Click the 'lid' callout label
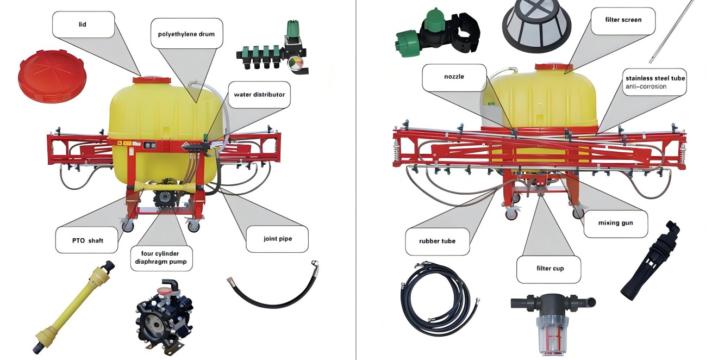tap(83, 24)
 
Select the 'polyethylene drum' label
tap(182, 34)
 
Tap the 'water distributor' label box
tap(259, 94)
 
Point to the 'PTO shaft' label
tap(87, 240)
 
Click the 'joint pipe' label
tap(277, 239)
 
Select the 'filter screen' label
tap(623, 20)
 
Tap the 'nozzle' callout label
tap(454, 77)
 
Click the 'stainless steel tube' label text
tap(654, 78)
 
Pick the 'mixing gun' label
tap(615, 223)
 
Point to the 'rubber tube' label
tap(437, 241)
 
